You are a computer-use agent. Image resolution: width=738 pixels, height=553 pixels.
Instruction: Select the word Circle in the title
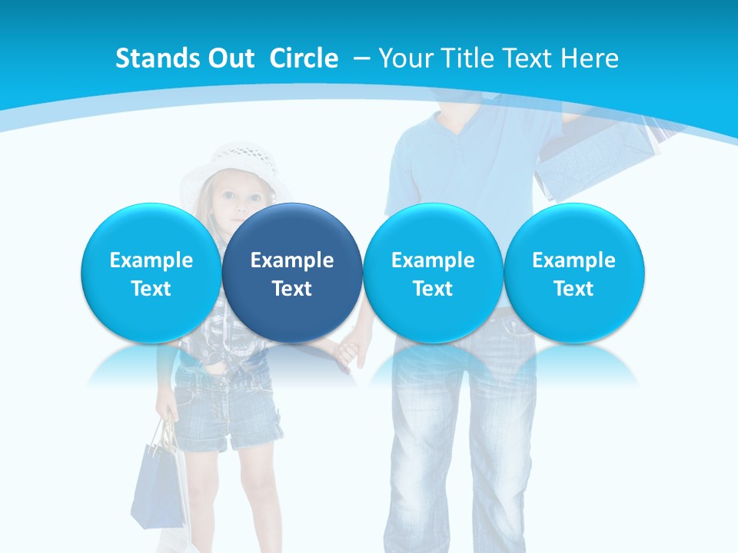tap(304, 58)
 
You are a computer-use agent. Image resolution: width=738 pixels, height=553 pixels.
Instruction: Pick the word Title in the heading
tap(467, 58)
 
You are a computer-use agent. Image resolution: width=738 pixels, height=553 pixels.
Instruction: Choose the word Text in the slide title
tap(528, 58)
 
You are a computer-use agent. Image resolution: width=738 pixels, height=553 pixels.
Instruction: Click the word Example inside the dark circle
tap(292, 260)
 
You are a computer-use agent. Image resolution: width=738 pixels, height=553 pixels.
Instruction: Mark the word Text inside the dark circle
tap(292, 289)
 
